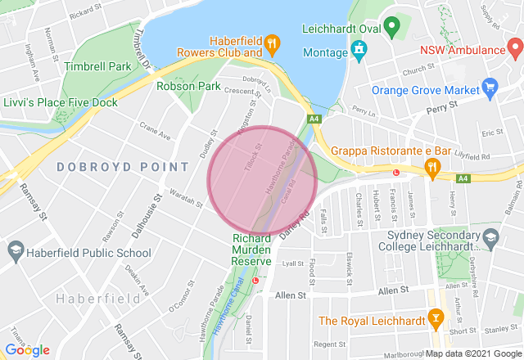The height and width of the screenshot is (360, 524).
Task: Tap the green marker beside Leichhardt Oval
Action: [391, 28]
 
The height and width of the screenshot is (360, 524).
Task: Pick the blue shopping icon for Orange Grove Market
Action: [490, 87]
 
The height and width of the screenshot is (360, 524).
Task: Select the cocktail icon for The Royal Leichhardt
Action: [436, 319]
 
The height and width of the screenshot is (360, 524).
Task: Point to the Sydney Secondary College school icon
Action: [490, 239]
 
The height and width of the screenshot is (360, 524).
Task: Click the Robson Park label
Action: [189, 85]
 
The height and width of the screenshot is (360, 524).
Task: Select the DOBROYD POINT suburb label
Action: [123, 167]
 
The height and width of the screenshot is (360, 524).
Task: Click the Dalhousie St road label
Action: [141, 219]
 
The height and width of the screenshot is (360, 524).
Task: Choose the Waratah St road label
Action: [187, 195]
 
